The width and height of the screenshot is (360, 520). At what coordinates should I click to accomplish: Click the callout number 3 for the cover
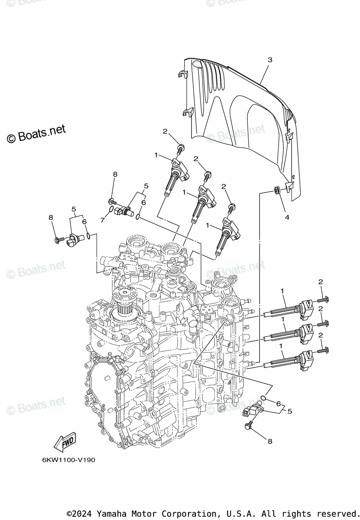tap(269, 60)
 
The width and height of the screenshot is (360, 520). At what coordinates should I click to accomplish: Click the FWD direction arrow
tap(64, 442)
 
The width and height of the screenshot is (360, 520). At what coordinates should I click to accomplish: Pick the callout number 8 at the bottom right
tap(269, 442)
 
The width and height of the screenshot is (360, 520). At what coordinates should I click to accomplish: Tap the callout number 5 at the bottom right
tap(289, 410)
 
